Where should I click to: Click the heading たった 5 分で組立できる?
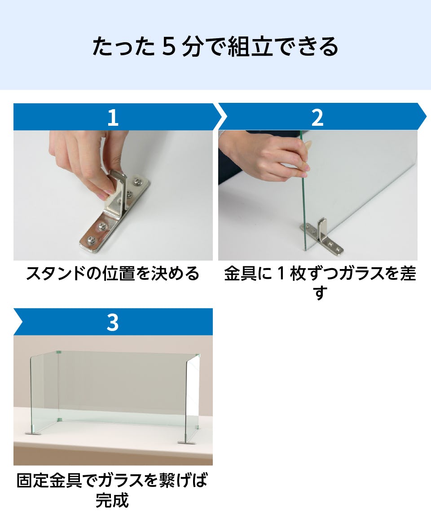[215, 47]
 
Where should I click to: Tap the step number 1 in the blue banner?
[112, 118]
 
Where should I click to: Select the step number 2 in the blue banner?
[317, 118]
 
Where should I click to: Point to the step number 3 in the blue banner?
[112, 322]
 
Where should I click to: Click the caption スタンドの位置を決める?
[112, 273]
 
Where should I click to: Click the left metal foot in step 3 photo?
[33, 433]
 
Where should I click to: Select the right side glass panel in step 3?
[193, 395]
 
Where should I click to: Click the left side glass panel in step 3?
[44, 391]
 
